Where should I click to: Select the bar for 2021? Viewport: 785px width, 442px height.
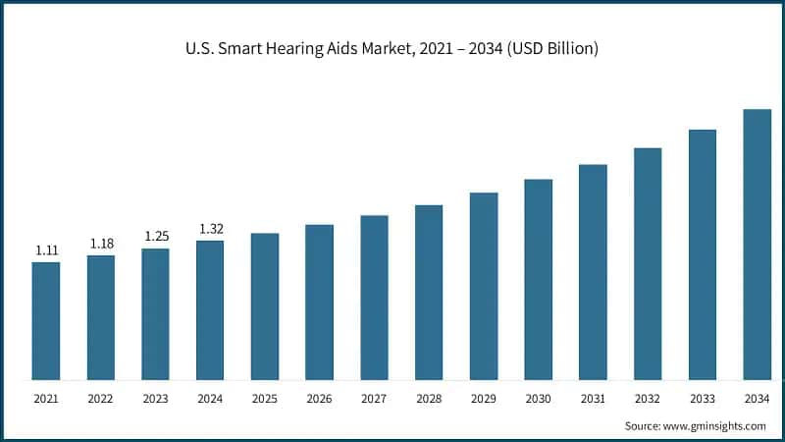45,320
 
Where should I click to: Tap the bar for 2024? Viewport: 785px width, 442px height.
210,309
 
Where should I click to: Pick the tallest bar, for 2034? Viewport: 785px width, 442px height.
757,244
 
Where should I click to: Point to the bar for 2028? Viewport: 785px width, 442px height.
429,292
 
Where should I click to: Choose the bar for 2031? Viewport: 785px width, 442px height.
593,271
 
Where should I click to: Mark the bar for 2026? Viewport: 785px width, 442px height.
319,302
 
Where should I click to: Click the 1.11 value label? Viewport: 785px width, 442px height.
46,250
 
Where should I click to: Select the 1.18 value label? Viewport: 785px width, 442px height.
101,244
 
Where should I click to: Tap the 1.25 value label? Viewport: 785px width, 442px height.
155,237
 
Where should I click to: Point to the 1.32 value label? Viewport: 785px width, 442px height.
210,229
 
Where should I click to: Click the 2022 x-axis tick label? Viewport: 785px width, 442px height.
101,400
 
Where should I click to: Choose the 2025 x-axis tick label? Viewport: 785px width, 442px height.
265,400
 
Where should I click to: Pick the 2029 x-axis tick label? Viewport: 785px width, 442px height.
484,400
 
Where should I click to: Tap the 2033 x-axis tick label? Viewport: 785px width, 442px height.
703,400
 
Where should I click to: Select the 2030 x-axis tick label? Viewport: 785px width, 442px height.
538,400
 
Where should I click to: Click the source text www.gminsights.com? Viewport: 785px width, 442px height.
695,425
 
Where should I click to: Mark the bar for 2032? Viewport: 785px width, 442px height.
648,263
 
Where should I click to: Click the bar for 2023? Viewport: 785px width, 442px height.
155,313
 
